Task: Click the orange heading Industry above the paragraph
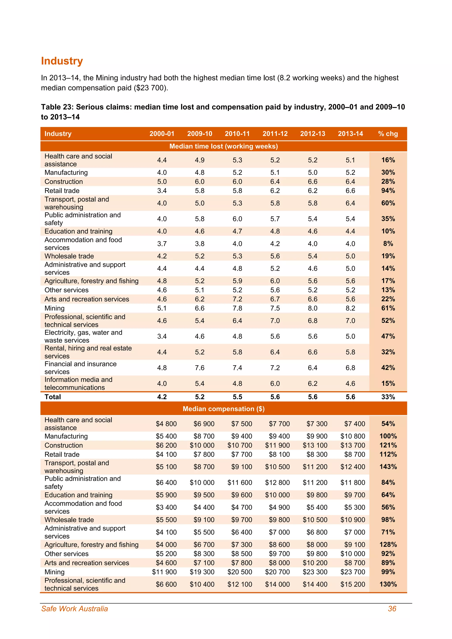[x=62, y=61]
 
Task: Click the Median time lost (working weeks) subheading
[x=224, y=146]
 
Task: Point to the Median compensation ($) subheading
[x=224, y=409]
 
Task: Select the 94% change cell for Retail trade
[x=388, y=191]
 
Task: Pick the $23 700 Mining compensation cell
[x=352, y=572]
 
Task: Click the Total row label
[x=53, y=397]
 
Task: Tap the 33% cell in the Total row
[x=388, y=397]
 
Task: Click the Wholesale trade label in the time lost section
[x=69, y=256]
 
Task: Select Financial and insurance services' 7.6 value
[x=200, y=368]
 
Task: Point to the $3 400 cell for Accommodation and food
[x=166, y=507]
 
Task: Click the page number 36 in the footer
[x=392, y=609]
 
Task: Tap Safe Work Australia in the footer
[x=74, y=609]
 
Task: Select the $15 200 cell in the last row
[x=352, y=584]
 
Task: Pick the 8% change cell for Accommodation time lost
[x=388, y=244]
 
